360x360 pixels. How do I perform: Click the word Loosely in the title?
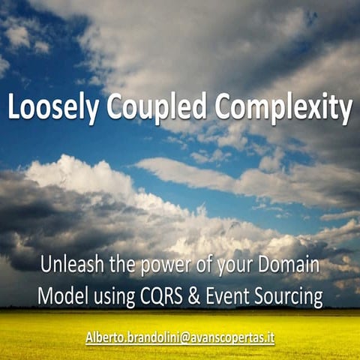tap(53, 109)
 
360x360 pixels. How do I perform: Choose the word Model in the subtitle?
tap(63, 298)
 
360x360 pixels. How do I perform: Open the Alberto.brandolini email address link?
tap(179, 337)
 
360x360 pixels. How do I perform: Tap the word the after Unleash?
tap(116, 265)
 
